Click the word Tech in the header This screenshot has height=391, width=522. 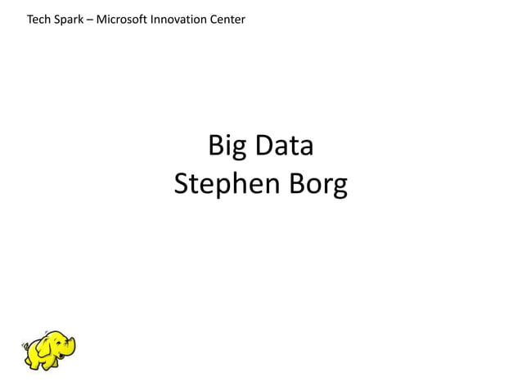click(37, 19)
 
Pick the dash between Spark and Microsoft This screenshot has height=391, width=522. click(90, 19)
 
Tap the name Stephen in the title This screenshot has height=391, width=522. click(227, 186)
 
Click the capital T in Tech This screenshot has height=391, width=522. click(30, 19)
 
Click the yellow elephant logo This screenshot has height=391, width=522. click(48, 350)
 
